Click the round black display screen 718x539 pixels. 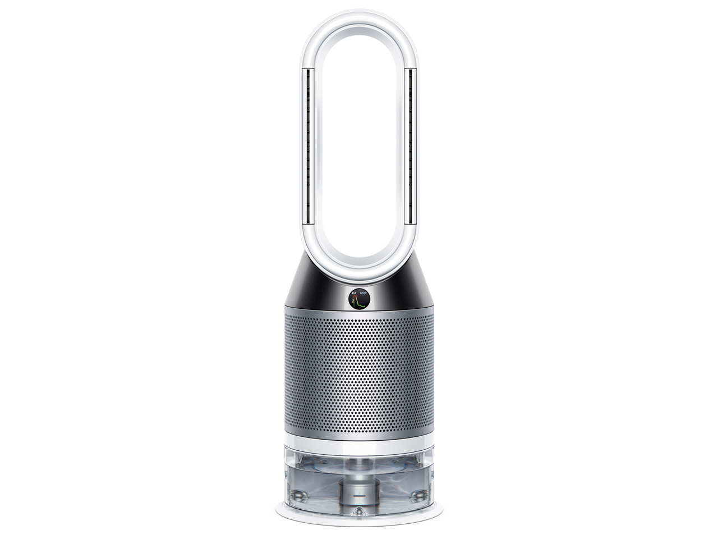pyautogui.click(x=359, y=299)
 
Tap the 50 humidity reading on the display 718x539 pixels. pyautogui.click(x=363, y=293)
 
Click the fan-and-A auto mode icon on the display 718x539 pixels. pyautogui.click(x=354, y=293)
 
